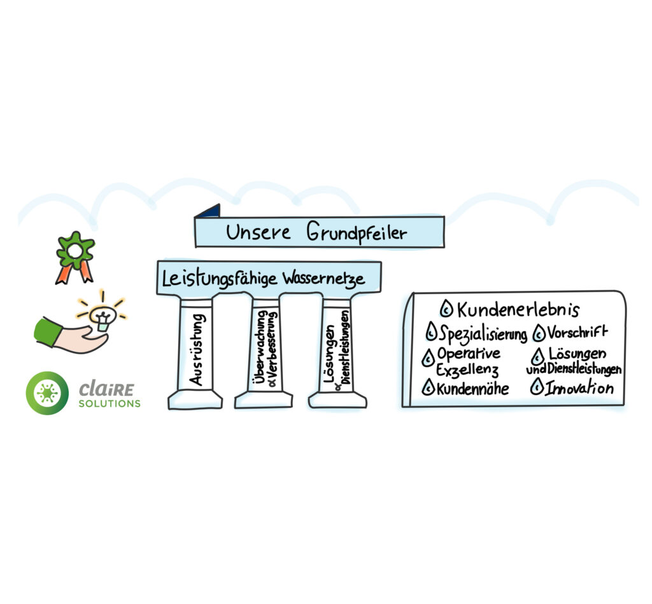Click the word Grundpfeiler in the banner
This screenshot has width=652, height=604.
point(357,232)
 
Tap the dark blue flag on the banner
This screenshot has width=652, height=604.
point(209,211)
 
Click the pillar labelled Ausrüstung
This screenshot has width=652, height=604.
point(195,350)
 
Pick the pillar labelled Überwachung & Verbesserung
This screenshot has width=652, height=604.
point(263,350)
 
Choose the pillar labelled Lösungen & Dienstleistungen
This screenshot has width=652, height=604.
point(337,350)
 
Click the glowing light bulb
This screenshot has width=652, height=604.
point(101,314)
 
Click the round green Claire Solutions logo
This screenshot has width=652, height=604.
point(47,393)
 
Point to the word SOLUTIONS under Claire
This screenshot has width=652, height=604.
point(109,404)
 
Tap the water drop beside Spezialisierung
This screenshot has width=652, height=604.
point(431,332)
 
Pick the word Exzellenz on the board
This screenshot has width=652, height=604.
point(467,369)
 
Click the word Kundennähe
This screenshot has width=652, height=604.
point(472,388)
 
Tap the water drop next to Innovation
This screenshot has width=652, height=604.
point(537,386)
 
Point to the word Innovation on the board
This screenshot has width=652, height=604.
point(579,388)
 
